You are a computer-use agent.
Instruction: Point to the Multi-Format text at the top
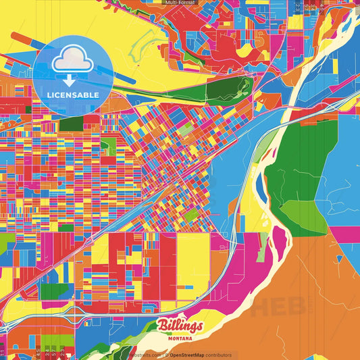(x=180, y=3)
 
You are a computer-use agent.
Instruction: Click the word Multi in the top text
(x=172, y=3)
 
